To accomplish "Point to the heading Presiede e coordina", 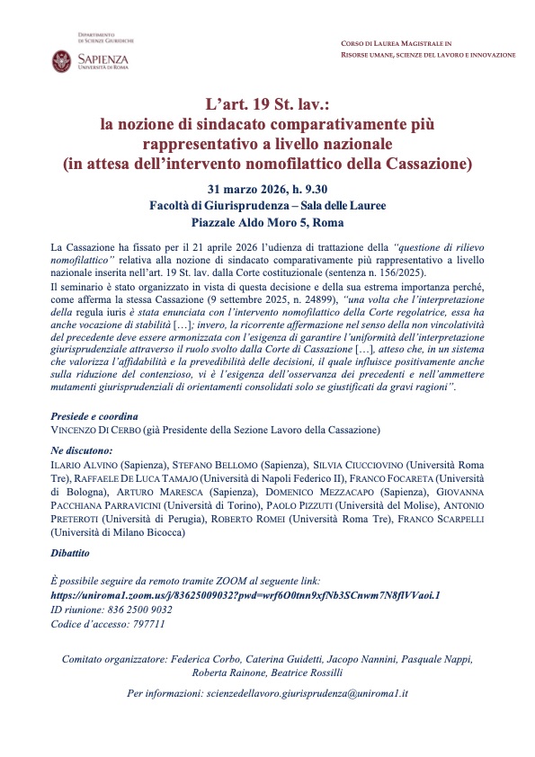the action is tap(94, 417).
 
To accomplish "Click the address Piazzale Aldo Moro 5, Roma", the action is tap(267, 222).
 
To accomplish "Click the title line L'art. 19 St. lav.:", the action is tap(267, 104).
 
